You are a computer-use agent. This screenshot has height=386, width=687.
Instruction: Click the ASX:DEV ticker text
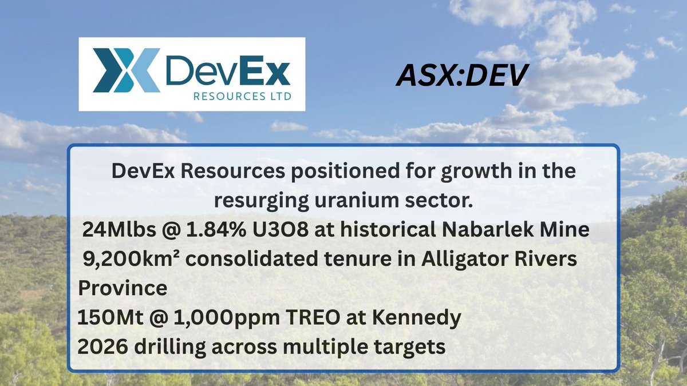(460, 75)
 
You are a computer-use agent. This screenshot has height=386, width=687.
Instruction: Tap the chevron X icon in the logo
(126, 70)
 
